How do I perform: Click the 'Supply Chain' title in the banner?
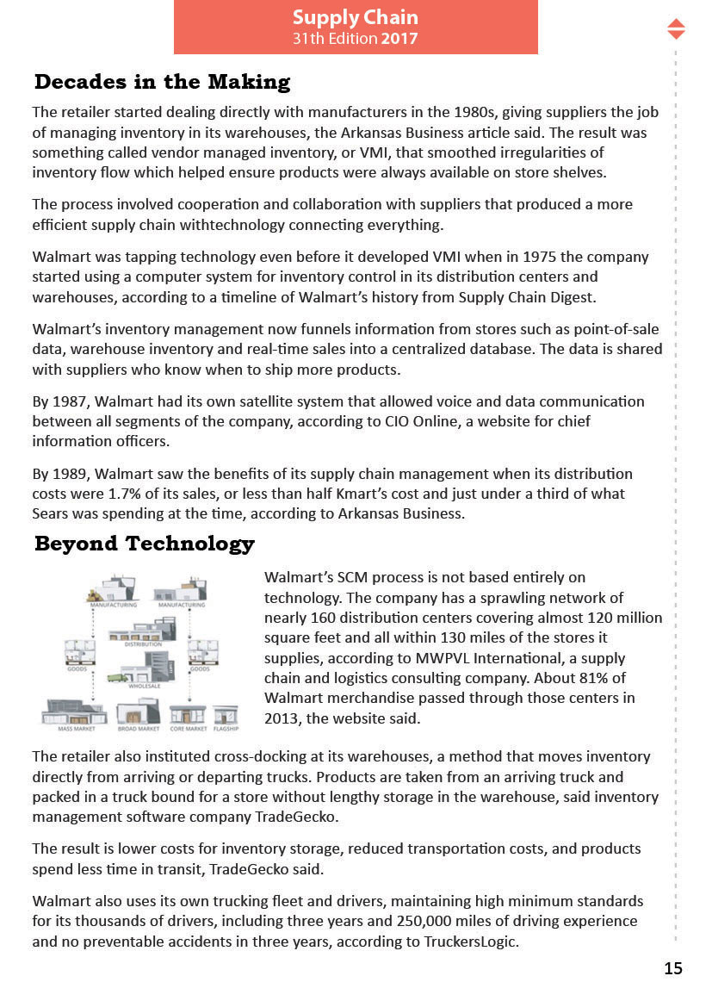(355, 17)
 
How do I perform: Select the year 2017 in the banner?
(399, 39)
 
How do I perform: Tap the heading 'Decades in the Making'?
(162, 83)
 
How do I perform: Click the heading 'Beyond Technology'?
(144, 544)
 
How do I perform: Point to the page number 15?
(672, 968)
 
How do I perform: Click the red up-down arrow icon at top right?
(676, 28)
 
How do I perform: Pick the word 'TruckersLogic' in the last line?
(473, 942)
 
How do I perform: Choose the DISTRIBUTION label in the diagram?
(143, 643)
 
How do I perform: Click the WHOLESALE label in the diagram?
(144, 687)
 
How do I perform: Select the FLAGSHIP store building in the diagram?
(226, 714)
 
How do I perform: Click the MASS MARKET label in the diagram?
(75, 729)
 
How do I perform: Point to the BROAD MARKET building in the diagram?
(138, 712)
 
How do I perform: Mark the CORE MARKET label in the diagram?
(188, 729)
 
